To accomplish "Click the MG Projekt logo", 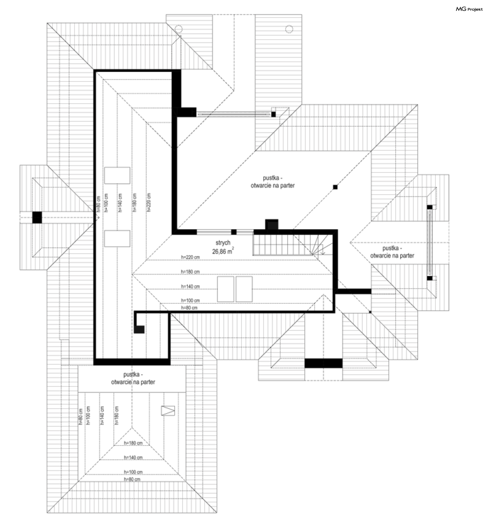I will [469, 9].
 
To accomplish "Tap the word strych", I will [223, 243].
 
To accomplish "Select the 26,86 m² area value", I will [223, 251].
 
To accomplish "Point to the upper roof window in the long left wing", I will [117, 175].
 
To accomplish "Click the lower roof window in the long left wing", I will [117, 238].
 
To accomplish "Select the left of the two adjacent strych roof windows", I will [226, 289].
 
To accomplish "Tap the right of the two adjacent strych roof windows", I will [244, 289].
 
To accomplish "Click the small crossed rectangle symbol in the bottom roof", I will [168, 411].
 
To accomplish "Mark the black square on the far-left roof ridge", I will [37, 217].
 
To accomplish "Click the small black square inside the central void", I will [335, 187].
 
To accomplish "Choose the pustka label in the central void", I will [273, 182].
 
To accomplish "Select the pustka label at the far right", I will [392, 252].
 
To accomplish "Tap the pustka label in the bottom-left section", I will [133, 378].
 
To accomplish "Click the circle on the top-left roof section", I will [178, 29].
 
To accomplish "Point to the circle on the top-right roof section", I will [289, 29].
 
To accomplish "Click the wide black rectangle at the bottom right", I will [323, 363].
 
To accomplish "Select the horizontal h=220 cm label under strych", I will [190, 257].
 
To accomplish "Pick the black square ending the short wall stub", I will [139, 329].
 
